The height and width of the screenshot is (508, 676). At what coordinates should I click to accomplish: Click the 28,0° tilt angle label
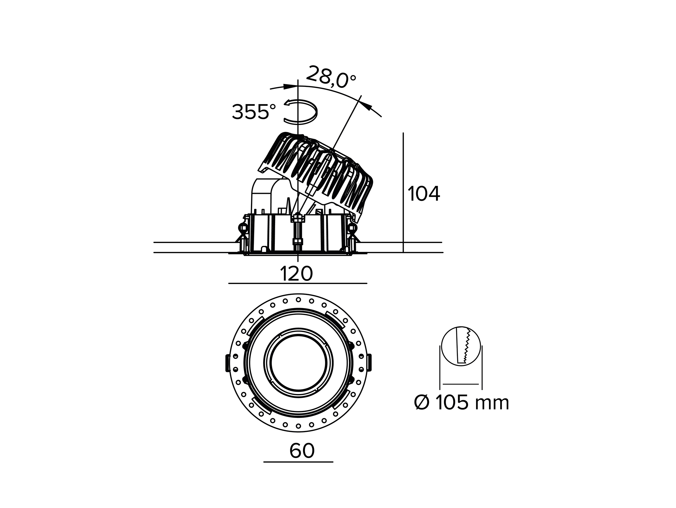click(x=331, y=77)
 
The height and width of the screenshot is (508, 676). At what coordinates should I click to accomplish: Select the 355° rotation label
click(x=254, y=112)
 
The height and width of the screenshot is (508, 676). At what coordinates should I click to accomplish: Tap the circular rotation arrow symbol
click(x=301, y=112)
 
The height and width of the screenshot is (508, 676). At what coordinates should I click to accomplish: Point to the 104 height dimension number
click(x=424, y=194)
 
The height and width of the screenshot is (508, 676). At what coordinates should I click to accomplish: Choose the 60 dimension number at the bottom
click(x=302, y=450)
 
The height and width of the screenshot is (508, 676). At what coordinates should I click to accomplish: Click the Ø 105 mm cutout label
click(x=462, y=403)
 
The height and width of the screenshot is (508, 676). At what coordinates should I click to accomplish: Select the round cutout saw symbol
click(x=461, y=345)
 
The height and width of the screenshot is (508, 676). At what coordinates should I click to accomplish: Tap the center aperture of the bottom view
click(x=298, y=363)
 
